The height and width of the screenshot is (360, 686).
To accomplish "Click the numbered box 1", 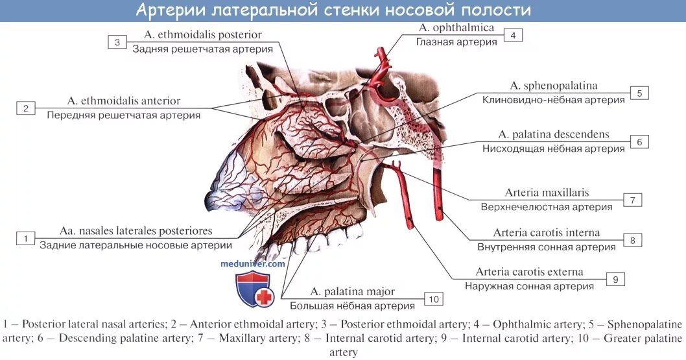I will [x=25, y=239].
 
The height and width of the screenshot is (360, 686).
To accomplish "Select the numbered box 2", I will [x=26, y=108].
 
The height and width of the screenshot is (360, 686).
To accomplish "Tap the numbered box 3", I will [x=117, y=42].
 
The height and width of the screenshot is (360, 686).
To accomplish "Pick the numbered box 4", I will [x=512, y=35].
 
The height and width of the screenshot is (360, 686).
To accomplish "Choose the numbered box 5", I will [x=639, y=93].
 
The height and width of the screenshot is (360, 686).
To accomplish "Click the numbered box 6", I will [x=639, y=141].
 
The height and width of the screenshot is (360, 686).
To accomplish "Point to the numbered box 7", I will [x=632, y=200].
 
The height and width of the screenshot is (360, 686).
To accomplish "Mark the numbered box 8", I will [x=632, y=240].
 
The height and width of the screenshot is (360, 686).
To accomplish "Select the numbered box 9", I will [x=615, y=279].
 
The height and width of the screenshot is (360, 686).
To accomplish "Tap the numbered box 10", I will [x=433, y=298].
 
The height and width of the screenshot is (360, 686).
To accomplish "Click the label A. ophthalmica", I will [x=456, y=28].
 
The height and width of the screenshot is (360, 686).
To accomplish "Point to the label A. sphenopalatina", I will [x=553, y=86].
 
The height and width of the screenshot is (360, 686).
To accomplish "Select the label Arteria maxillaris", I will [x=547, y=193].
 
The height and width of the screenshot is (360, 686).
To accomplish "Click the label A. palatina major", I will [x=352, y=292].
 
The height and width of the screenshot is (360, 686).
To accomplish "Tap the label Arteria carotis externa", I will [x=529, y=272].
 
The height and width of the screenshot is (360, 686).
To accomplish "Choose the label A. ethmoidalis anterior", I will [x=123, y=101].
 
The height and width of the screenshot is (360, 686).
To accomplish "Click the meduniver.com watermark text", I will [x=253, y=264].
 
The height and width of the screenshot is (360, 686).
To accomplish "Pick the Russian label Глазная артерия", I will [x=456, y=42].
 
